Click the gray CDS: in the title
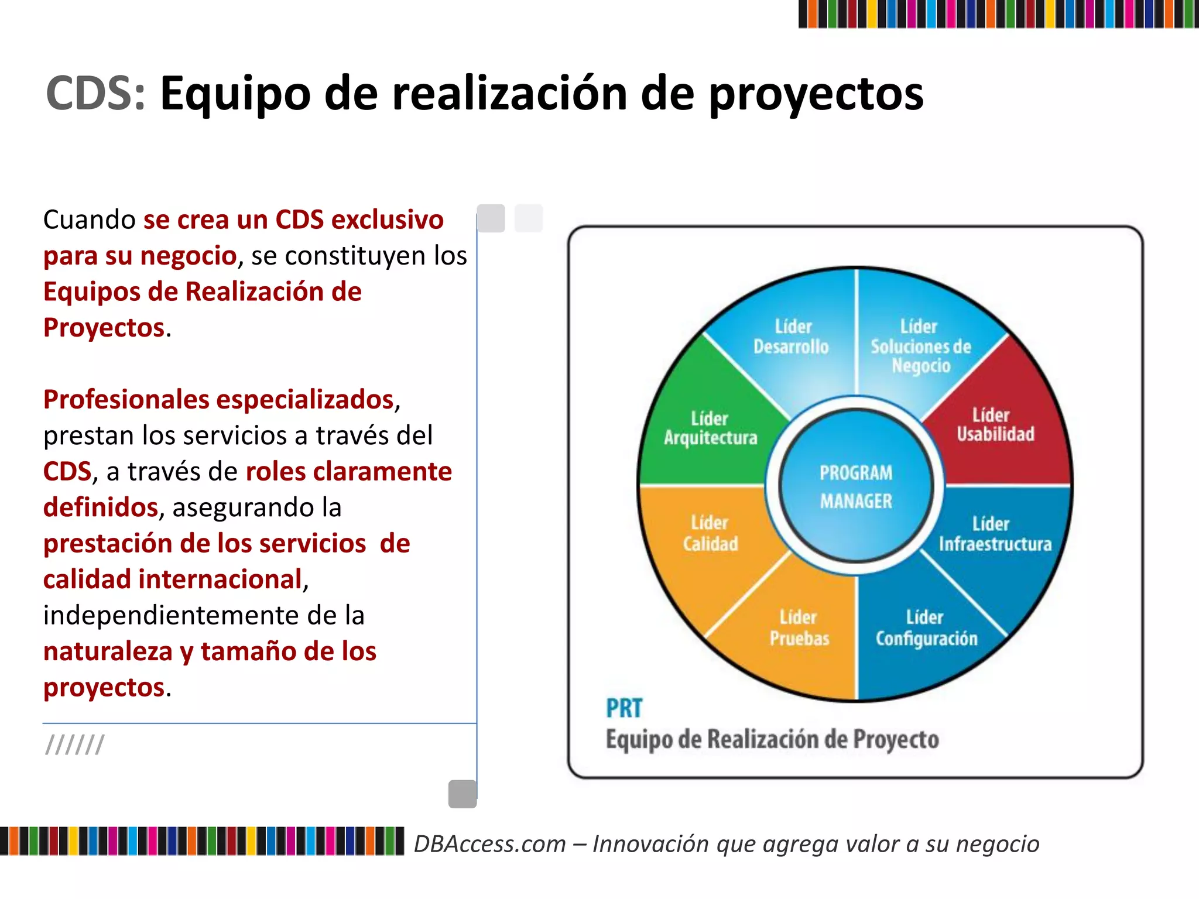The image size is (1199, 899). tap(95, 94)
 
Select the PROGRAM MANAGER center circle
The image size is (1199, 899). tap(855, 486)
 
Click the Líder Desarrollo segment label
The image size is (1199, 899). tap(791, 337)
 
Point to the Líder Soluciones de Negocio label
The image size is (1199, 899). tap(920, 346)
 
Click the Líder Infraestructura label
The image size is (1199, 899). tap(995, 534)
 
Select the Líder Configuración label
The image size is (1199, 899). tap(926, 628)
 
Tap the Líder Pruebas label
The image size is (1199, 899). tap(799, 628)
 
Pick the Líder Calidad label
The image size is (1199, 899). tap(710, 533)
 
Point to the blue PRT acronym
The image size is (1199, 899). tap(624, 708)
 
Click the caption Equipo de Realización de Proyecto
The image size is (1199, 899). tap(772, 739)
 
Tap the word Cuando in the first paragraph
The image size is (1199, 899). tap(90, 220)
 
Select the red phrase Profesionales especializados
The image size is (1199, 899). tap(218, 400)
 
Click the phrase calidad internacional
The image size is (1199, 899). tap(173, 579)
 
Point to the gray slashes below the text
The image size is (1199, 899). tap(75, 745)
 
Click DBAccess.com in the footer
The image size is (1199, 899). tap(490, 844)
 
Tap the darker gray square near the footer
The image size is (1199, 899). tap(463, 794)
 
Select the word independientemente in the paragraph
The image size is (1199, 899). tap(159, 616)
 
